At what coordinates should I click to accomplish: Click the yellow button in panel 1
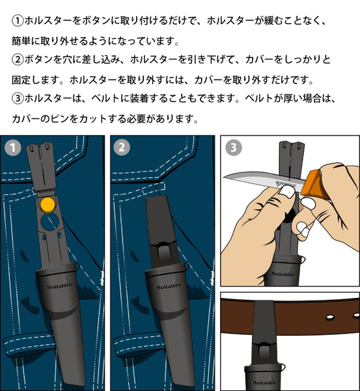pyautogui.click(x=48, y=205)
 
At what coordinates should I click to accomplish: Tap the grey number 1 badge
pyautogui.click(x=12, y=148)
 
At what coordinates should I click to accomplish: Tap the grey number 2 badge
pyautogui.click(x=122, y=147)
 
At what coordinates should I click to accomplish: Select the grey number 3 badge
pyautogui.click(x=234, y=147)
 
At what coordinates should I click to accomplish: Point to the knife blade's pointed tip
pyautogui.click(x=224, y=177)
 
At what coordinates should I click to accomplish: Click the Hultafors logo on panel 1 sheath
pyautogui.click(x=59, y=284)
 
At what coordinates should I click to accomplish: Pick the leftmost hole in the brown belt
pyautogui.click(x=330, y=317)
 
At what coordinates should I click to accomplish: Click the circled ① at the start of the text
pyautogui.click(x=18, y=21)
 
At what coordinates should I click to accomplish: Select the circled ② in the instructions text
pyautogui.click(x=18, y=59)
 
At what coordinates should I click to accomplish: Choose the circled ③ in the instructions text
pyautogui.click(x=18, y=98)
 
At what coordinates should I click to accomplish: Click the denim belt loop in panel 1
pyautogui.click(x=28, y=345)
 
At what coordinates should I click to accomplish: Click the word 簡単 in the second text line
pyautogui.click(x=21, y=40)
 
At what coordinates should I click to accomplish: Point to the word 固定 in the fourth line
pyautogui.click(x=21, y=80)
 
